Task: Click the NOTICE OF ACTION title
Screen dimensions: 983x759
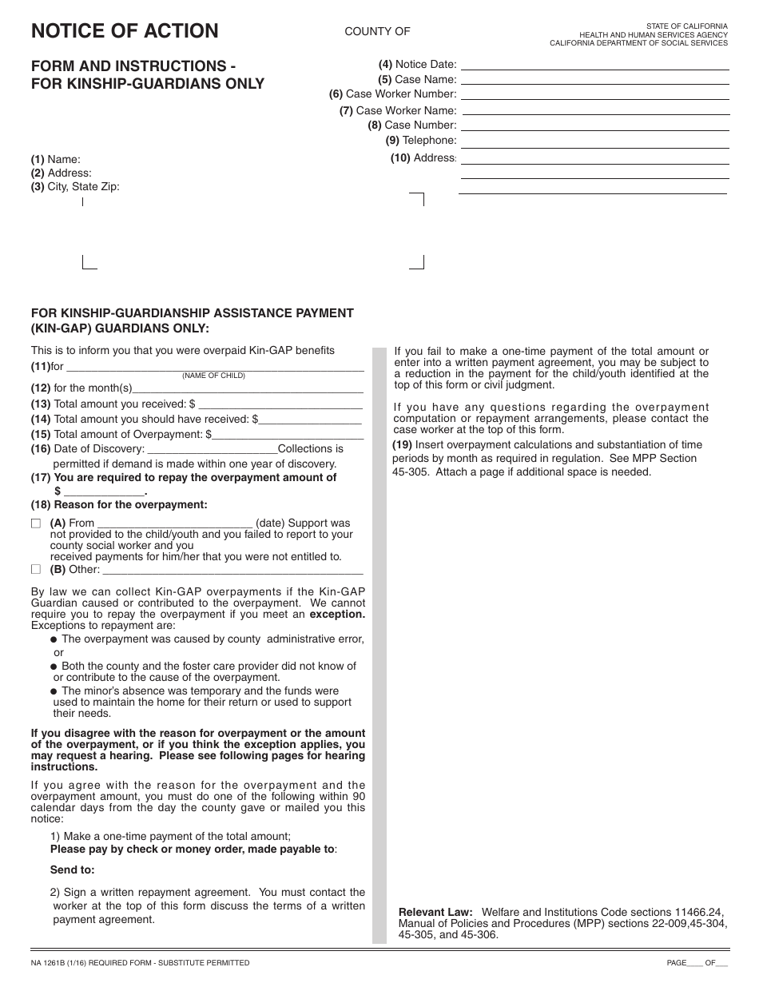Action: [x=124, y=31]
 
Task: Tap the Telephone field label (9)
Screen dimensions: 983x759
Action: [x=420, y=141]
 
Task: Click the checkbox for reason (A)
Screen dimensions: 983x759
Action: [x=35, y=523]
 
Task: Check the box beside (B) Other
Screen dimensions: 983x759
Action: [x=35, y=570]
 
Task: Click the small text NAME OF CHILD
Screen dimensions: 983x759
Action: [x=213, y=376]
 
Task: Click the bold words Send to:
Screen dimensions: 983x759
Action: [x=72, y=870]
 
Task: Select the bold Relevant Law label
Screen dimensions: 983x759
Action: [x=435, y=911]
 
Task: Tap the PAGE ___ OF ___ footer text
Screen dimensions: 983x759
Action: [x=697, y=963]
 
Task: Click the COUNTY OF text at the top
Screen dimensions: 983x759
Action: [x=377, y=31]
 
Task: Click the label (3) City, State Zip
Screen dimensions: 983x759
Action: [x=75, y=187]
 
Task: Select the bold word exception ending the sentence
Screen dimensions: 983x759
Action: [x=337, y=615]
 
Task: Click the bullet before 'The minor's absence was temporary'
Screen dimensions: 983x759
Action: [x=54, y=691]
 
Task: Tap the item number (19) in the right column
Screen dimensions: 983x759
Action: [x=402, y=445]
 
